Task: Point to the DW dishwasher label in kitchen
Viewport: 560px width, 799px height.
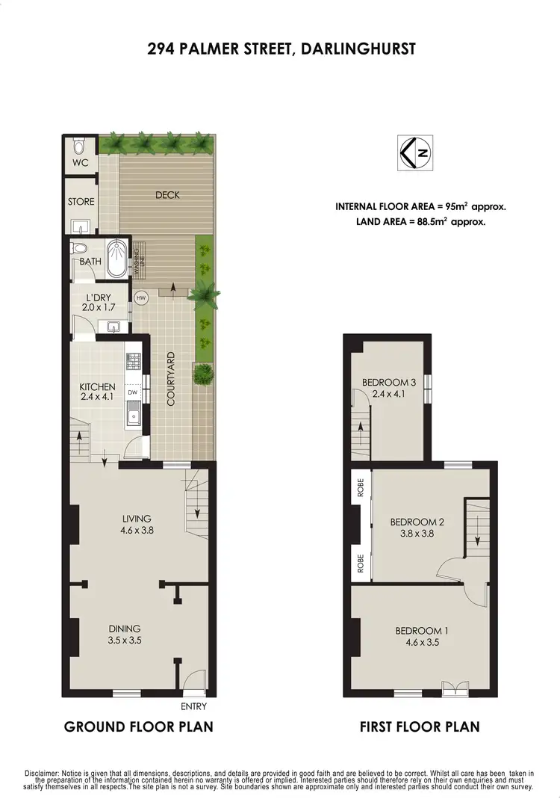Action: tap(133, 392)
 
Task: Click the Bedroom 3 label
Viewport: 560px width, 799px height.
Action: tap(384, 383)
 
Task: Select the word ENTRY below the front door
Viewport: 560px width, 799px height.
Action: tap(193, 706)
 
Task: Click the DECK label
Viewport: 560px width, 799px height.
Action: tap(168, 195)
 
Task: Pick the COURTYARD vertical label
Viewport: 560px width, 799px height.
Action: tap(171, 379)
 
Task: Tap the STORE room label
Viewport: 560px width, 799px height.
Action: tap(81, 202)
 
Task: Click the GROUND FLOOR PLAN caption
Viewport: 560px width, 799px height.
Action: tap(138, 726)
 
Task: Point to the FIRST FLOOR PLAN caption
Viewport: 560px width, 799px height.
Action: tap(419, 726)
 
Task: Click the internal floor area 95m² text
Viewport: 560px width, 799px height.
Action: tap(426, 206)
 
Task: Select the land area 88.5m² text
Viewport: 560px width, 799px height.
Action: tap(426, 221)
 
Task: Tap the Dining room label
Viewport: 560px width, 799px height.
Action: tap(123, 629)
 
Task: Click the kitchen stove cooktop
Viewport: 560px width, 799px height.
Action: tap(133, 362)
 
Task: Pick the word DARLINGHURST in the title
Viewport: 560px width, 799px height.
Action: tap(361, 49)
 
